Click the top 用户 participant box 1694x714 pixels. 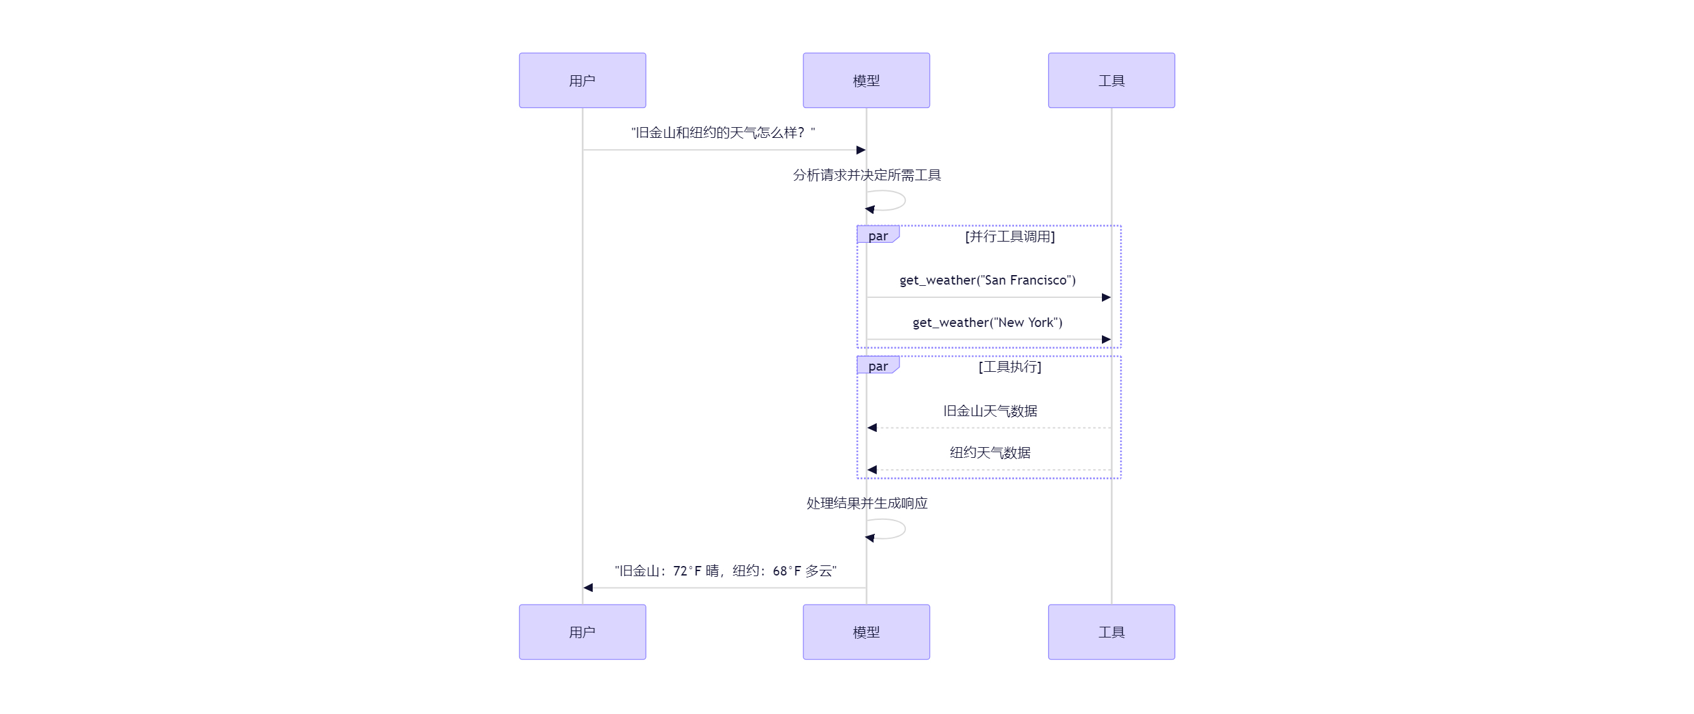[582, 80]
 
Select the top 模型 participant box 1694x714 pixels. [865, 80]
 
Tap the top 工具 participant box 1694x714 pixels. [1111, 80]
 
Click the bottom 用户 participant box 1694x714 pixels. [582, 631]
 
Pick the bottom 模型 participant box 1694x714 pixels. [865, 631]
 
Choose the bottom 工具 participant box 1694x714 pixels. [1111, 631]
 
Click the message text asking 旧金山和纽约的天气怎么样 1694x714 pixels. [723, 133]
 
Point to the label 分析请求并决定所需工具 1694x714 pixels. [866, 175]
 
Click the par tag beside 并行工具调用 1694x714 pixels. [877, 235]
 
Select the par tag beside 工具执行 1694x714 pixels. [877, 366]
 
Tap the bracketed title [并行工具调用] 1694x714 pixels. [1010, 236]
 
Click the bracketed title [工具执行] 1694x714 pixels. [1010, 366]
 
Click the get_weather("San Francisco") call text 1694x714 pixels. [987, 280]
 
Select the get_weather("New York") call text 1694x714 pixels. [987, 322]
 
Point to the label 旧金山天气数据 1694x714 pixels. [990, 411]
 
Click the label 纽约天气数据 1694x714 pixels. [990, 452]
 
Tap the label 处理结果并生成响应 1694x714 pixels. [866, 503]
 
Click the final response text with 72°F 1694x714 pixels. [725, 570]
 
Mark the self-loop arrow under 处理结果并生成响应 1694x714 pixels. [887, 529]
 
